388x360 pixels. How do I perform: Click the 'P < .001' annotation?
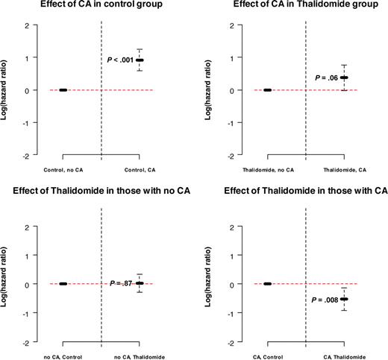coord(115,59)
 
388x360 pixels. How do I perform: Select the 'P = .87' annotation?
coord(119,284)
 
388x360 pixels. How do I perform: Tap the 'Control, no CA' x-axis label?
coord(63,171)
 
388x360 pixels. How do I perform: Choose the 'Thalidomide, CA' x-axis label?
coord(344,171)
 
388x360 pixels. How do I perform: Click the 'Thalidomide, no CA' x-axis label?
coord(267,171)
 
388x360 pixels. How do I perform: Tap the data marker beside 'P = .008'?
coord(344,299)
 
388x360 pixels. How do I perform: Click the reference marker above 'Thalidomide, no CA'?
coord(267,90)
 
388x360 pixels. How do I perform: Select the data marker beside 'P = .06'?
coord(344,78)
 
